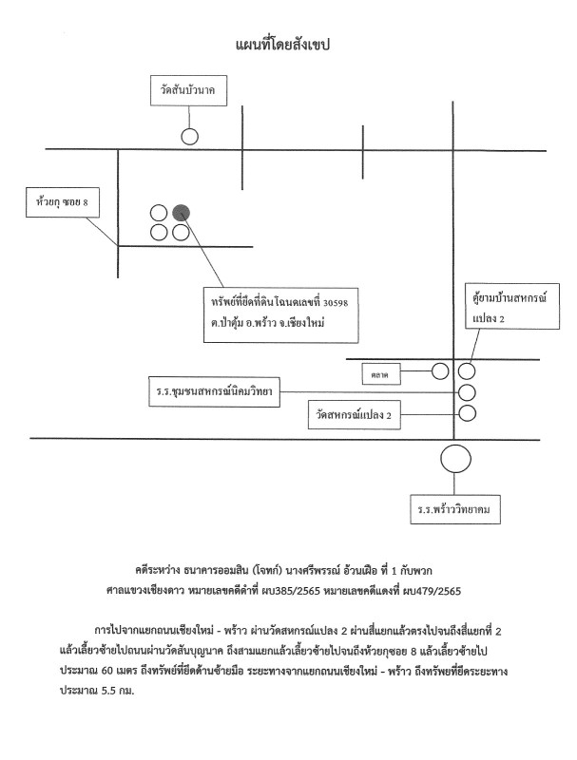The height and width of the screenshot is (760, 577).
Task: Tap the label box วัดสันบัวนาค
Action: pos(189,92)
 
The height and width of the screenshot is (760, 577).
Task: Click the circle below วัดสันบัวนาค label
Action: pos(190,136)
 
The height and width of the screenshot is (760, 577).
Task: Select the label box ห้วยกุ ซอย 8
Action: pos(61,202)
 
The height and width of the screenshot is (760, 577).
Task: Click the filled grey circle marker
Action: pos(181,212)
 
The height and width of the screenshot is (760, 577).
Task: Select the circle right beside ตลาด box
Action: pos(440,370)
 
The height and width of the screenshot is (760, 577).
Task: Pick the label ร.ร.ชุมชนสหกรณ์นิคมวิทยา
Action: pos(210,392)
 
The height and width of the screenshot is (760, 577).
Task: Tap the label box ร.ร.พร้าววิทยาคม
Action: pos(453,509)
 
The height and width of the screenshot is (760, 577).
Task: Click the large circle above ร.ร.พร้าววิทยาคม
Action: pos(456,460)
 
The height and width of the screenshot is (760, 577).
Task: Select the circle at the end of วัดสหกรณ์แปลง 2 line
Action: pos(467,412)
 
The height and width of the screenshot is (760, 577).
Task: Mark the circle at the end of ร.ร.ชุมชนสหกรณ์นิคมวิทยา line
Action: pos(467,391)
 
